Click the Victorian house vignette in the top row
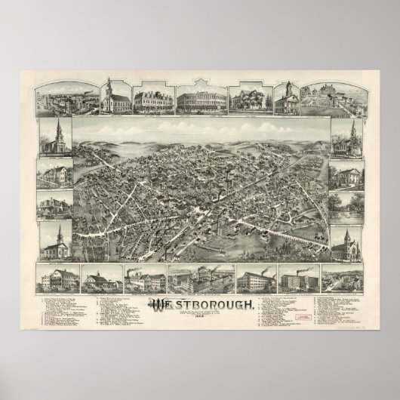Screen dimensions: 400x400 (243, 100)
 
